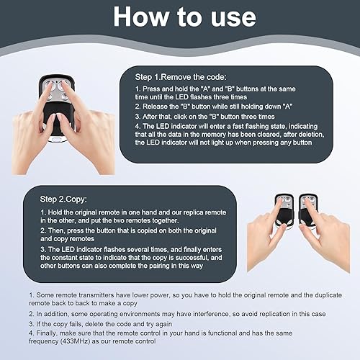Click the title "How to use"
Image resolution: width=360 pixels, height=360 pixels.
click(x=184, y=17)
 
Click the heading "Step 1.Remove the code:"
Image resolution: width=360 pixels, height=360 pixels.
click(x=181, y=77)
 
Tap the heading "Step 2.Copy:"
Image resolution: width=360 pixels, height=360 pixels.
click(x=63, y=199)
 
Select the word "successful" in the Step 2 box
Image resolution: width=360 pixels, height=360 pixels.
click(x=192, y=258)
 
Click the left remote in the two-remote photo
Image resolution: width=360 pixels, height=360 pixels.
click(x=284, y=211)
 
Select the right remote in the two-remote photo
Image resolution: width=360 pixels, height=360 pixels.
click(x=309, y=210)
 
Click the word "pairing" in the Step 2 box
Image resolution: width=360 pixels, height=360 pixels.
click(x=159, y=266)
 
